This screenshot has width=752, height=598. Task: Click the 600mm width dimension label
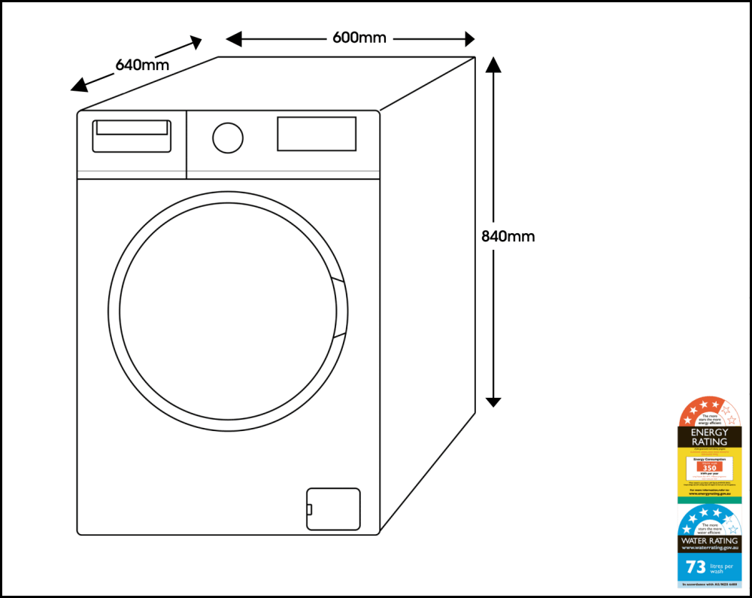[x=359, y=38]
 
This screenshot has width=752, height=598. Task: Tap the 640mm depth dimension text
[x=141, y=65]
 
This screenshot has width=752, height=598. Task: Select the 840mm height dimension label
[x=508, y=236]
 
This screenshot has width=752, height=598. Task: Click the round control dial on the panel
[x=228, y=138]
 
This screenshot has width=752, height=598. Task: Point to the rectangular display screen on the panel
[x=317, y=134]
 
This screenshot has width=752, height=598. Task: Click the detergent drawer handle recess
[x=132, y=128]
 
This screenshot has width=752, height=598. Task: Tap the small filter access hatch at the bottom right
[x=333, y=509]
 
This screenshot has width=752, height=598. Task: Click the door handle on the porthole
[x=339, y=309]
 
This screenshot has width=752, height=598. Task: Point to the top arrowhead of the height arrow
[x=493, y=63]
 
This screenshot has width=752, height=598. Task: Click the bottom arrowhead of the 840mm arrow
[x=493, y=400]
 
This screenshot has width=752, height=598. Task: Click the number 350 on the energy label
[x=709, y=468]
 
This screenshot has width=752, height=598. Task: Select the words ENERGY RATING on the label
[x=709, y=437]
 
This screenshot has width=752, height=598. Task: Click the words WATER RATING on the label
[x=709, y=541]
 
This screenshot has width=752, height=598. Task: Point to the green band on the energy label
[x=709, y=499]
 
